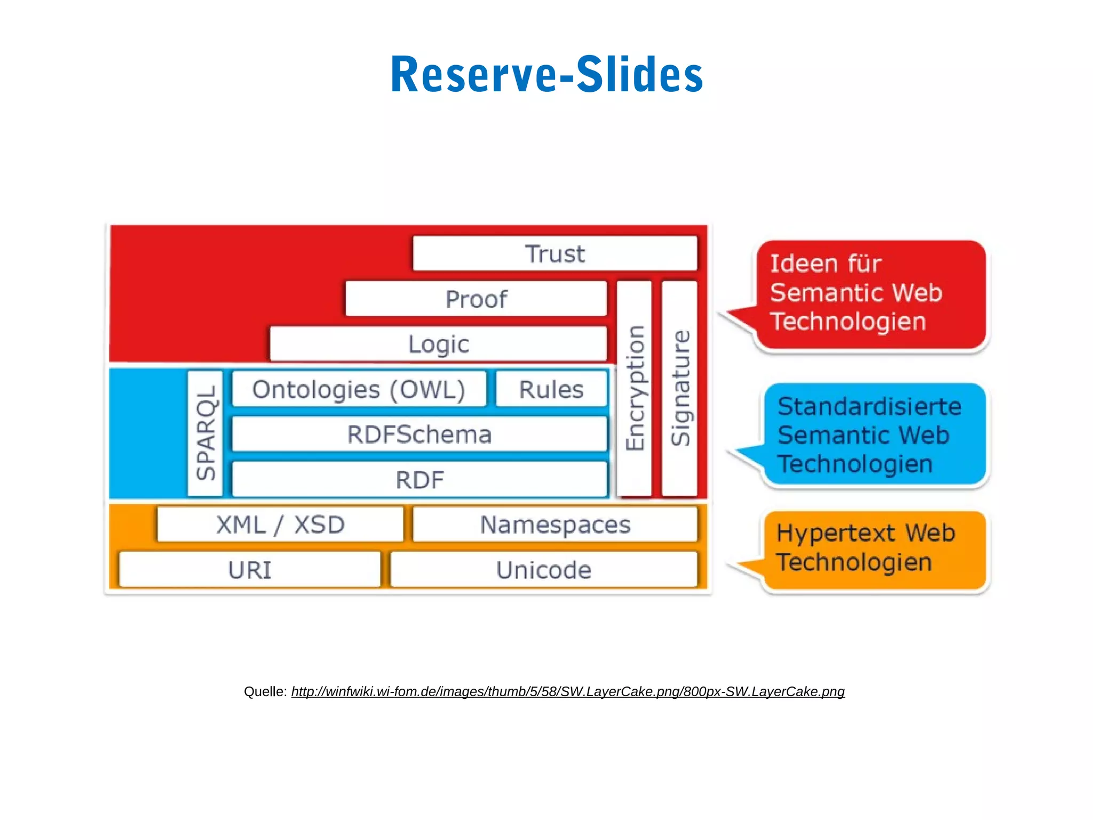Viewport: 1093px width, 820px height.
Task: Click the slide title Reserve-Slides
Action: click(x=546, y=75)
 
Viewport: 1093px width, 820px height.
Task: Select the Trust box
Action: click(x=555, y=254)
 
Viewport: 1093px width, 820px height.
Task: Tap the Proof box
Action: click(x=476, y=299)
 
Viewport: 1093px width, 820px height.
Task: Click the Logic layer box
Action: click(x=439, y=344)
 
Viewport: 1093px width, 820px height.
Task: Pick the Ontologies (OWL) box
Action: click(x=359, y=389)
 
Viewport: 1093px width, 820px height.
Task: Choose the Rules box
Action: click(x=551, y=389)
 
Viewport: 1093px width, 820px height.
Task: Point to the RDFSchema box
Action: click(x=419, y=434)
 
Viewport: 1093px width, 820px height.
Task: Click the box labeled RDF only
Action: click(x=419, y=479)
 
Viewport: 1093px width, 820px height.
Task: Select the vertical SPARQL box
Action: click(x=205, y=433)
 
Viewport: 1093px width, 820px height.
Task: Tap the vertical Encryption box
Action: click(x=635, y=389)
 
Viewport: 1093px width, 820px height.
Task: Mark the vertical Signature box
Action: click(x=679, y=389)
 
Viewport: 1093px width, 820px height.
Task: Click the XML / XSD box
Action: click(x=280, y=525)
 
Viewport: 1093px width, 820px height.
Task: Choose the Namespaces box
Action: click(x=555, y=525)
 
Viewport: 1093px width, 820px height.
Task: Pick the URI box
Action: click(x=250, y=570)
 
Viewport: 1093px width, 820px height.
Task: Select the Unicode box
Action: click(x=543, y=570)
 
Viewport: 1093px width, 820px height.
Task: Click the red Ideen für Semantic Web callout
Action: click(x=870, y=294)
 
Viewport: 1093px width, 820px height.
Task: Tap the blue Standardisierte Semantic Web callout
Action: click(x=874, y=435)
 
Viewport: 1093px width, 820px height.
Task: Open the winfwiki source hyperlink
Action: click(x=568, y=692)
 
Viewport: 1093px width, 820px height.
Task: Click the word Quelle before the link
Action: click(x=265, y=692)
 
